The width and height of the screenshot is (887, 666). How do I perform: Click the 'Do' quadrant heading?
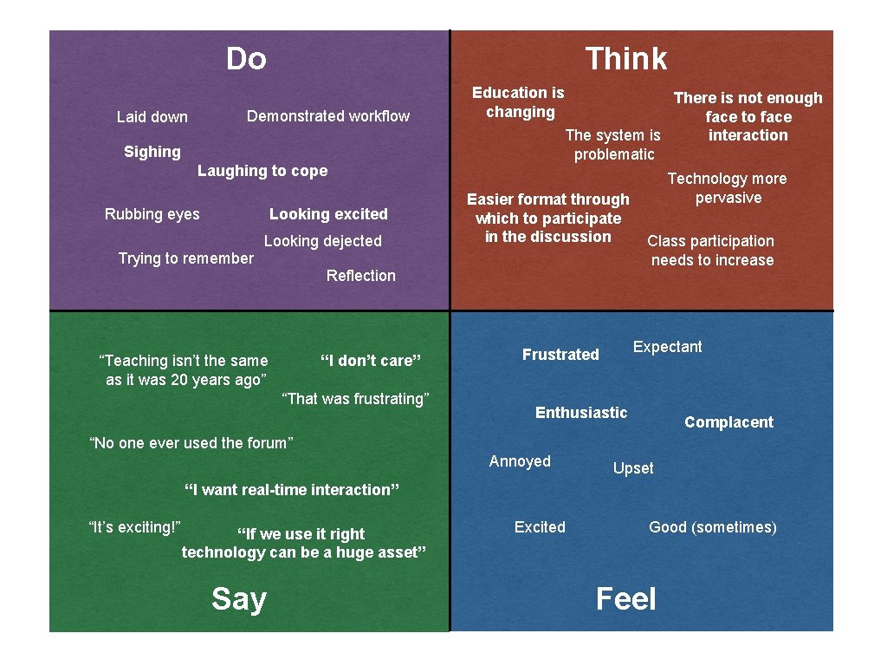246,59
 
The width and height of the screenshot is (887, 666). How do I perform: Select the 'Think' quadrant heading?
626,59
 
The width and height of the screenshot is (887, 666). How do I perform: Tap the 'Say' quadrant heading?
238,598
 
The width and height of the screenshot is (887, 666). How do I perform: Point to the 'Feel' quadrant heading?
625,598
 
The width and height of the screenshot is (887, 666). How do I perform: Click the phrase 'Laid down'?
152,117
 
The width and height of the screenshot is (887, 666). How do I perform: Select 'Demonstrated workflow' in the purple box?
328,116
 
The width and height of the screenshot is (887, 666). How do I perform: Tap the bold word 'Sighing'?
152,152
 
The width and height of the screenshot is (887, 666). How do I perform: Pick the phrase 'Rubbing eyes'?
152,214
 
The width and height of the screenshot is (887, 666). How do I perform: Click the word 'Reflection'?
360,276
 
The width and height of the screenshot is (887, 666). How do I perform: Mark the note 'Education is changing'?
518,102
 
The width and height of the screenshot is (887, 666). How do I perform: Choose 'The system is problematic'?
613,145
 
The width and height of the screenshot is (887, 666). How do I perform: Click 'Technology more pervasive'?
727,188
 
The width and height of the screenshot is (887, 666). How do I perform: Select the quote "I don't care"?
371,361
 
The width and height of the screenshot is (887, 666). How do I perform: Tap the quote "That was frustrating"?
357,399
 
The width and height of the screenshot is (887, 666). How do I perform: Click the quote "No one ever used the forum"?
191,443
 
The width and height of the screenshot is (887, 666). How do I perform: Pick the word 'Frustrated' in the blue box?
560,355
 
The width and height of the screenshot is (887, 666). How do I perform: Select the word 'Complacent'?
728,422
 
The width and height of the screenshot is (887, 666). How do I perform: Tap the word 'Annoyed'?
520,461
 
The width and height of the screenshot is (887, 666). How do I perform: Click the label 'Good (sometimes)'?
713,527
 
